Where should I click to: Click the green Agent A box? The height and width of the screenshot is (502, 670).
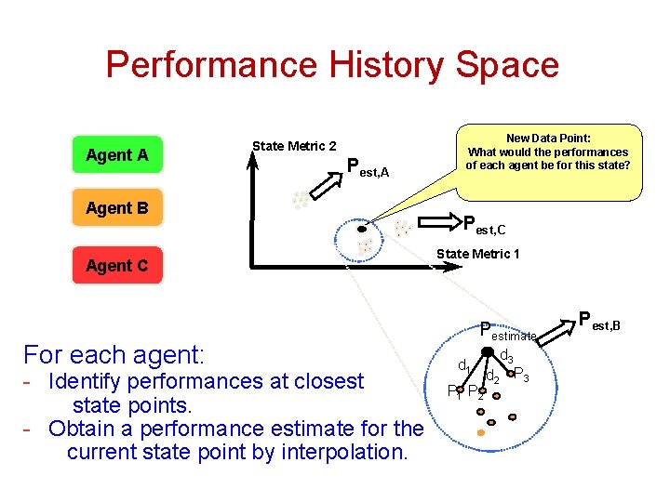point(117,155)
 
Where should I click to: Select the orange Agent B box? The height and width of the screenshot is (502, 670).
point(117,208)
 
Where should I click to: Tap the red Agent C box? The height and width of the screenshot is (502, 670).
point(117,266)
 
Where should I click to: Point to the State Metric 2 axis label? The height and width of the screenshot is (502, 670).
point(294,146)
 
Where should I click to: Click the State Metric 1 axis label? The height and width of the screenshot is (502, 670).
point(477,254)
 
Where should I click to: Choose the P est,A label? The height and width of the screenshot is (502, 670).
point(368,168)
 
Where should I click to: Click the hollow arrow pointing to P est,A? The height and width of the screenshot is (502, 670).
point(326,185)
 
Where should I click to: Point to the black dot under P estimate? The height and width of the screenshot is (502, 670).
point(488,350)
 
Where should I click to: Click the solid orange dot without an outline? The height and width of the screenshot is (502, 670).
point(480,433)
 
